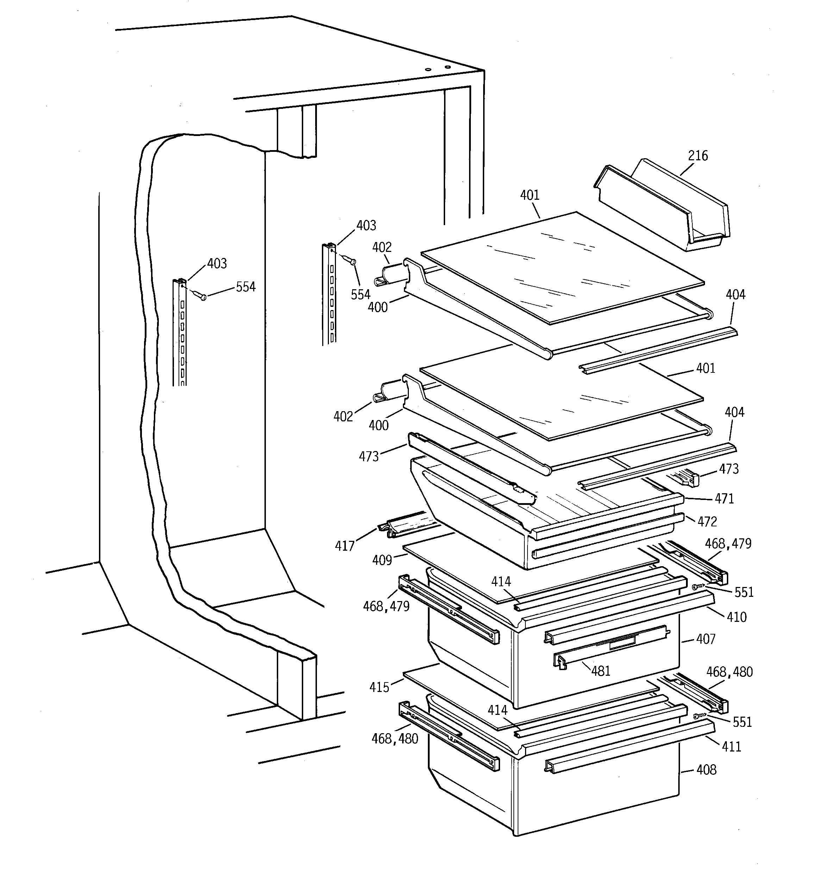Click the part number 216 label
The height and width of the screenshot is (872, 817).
[698, 156]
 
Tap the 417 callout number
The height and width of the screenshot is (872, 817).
[345, 546]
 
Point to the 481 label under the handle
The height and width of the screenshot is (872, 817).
[600, 671]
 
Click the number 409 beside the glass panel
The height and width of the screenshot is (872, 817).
[382, 560]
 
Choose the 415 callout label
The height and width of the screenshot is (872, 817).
[379, 687]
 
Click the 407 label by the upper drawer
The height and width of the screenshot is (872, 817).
[706, 639]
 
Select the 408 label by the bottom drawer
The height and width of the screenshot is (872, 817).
[706, 770]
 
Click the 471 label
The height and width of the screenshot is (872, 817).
[724, 499]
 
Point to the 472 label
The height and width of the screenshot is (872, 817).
[707, 521]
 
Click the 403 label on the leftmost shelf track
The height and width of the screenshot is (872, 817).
[217, 264]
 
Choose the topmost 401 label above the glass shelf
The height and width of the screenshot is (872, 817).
[530, 195]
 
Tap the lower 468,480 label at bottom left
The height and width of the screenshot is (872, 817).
[395, 739]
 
